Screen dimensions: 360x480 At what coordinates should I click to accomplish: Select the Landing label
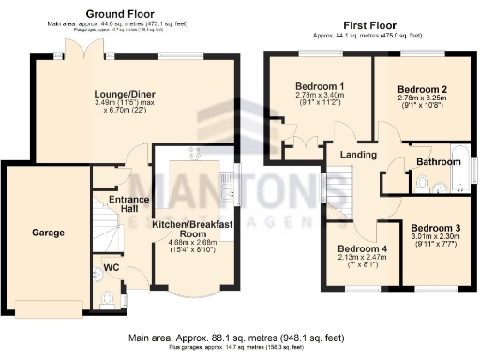coord(359,155)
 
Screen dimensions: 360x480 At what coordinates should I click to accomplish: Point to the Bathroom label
coord(439,162)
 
